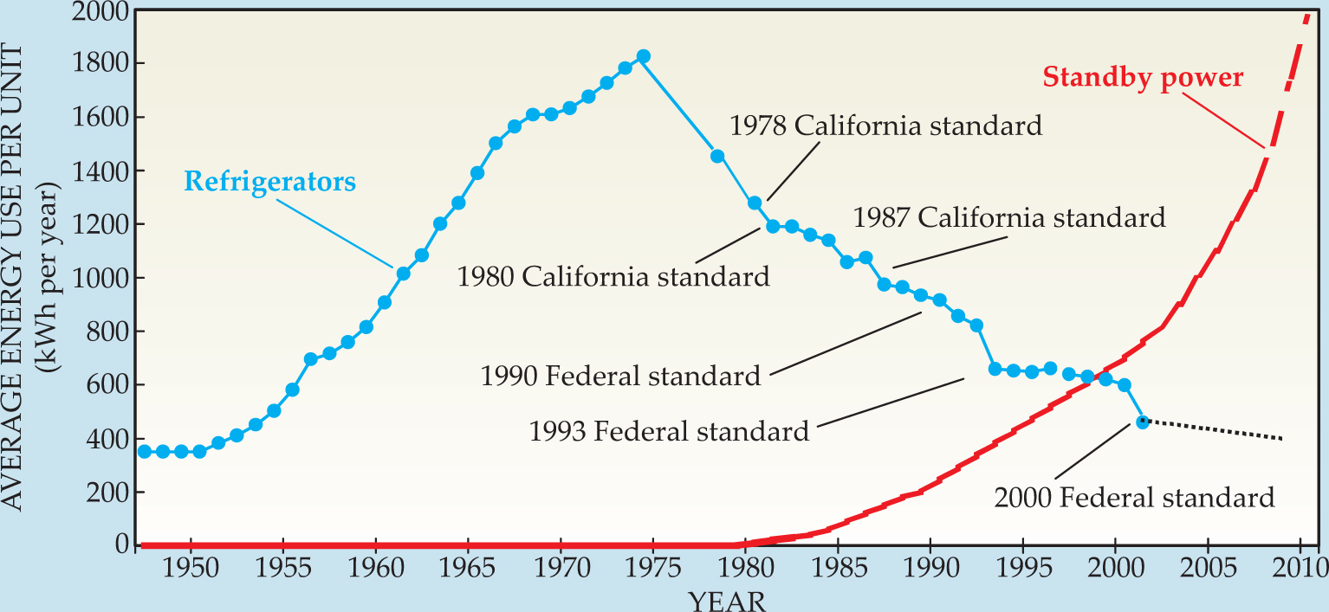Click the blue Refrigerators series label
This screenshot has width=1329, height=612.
(269, 183)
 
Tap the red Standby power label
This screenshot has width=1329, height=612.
(1143, 78)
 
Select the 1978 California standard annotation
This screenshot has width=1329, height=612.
(885, 126)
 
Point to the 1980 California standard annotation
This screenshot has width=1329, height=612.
(613, 276)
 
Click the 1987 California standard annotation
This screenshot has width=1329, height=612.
(1009, 217)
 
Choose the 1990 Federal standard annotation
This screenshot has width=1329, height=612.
(620, 376)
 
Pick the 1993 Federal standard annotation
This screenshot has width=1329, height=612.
(669, 430)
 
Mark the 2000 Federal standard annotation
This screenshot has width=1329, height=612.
(1134, 498)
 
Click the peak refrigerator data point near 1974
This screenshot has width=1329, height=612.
(643, 56)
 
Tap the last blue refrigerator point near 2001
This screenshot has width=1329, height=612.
(1143, 422)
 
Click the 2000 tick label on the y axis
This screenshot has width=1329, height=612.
(100, 12)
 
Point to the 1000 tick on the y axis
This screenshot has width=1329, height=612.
(100, 278)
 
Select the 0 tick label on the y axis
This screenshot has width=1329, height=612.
(121, 544)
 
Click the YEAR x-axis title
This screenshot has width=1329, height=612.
(727, 599)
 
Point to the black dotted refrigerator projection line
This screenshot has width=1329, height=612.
(1213, 430)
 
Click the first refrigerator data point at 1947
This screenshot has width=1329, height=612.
(144, 451)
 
